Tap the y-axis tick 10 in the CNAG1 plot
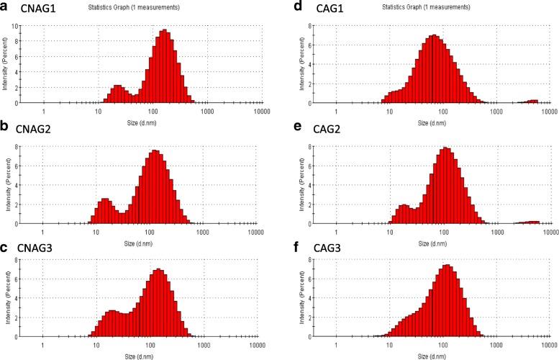coord(14,25)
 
